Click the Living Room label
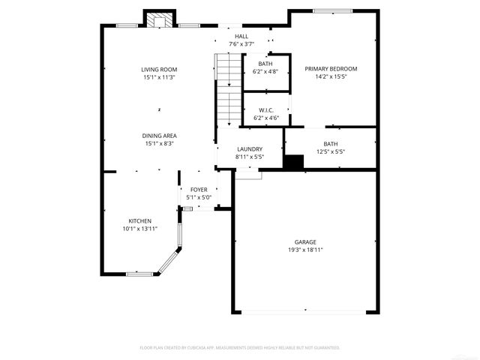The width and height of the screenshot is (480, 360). click(x=159, y=69)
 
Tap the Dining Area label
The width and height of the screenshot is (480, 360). click(x=159, y=136)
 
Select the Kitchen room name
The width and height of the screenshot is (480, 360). click(x=140, y=221)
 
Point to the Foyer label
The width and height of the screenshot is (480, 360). click(x=199, y=190)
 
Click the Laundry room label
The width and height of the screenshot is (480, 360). click(x=249, y=149)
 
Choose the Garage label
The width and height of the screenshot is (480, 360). click(x=304, y=241)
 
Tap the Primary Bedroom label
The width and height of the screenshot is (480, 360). click(x=331, y=69)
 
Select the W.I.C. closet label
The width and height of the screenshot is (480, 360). click(x=266, y=110)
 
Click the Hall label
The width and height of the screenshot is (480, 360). click(x=241, y=37)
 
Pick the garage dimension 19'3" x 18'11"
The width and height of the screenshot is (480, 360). click(x=304, y=249)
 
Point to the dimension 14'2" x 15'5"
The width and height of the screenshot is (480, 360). click(x=331, y=76)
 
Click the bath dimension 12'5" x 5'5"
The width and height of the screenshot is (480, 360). click(x=331, y=151)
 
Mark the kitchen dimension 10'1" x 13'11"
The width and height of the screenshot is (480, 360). click(x=140, y=229)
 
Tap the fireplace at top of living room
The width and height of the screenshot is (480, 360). click(x=157, y=20)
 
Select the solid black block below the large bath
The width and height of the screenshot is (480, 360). click(x=294, y=162)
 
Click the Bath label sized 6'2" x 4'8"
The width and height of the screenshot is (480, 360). click(x=265, y=64)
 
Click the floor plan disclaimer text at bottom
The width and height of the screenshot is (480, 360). click(x=240, y=348)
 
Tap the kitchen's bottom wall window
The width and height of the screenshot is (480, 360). click(x=139, y=274)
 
